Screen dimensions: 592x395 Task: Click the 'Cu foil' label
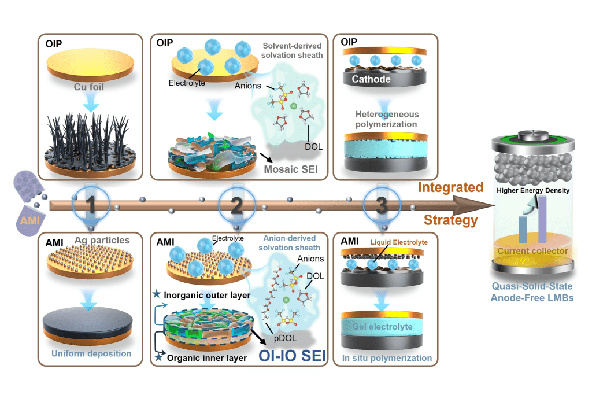pos(88,87)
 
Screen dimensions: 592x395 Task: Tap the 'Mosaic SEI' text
pos(291,169)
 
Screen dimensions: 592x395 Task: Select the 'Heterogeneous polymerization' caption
pos(387,119)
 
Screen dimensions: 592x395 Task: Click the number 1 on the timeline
pos(91,205)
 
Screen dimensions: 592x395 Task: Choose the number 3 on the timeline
pos(382,205)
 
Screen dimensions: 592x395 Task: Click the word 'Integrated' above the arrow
pos(450,187)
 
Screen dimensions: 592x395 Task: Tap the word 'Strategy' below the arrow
pos(450,220)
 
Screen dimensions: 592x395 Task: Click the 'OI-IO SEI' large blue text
pos(292,356)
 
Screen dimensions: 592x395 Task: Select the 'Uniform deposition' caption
pos(91,353)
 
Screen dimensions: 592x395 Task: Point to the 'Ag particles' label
pos(102,240)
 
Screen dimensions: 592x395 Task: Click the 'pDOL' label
pos(285,338)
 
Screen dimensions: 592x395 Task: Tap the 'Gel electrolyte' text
pos(383,327)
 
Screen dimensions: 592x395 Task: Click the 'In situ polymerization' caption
pos(387,358)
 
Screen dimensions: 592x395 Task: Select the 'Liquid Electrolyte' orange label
pos(399,242)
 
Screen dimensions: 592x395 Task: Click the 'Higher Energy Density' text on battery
pos(533,190)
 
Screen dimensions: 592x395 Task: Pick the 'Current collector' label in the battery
pos(532,251)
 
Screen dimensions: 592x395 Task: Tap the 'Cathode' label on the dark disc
pos(371,79)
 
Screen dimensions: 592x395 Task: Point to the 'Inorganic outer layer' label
pos(207,296)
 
